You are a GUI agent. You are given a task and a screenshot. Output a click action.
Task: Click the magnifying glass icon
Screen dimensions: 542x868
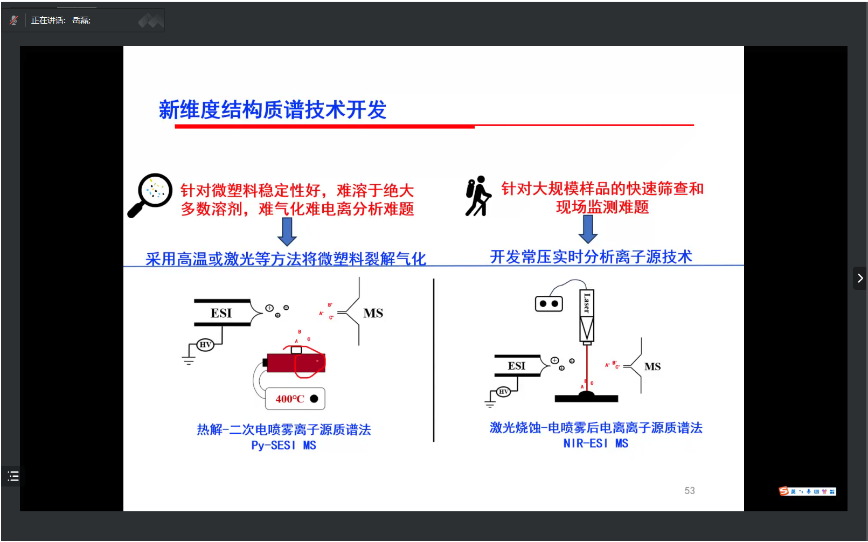coord(150,194)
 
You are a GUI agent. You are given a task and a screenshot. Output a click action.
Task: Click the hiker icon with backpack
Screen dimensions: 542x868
coord(478,197)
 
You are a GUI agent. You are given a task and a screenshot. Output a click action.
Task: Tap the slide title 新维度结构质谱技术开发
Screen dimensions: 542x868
coord(273,110)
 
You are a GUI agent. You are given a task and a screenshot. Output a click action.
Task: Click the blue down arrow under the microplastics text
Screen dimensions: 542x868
coord(287,232)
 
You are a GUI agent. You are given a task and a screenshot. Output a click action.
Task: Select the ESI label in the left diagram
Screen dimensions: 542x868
coord(221,313)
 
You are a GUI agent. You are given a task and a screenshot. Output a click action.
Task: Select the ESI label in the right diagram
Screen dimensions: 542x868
coord(516,366)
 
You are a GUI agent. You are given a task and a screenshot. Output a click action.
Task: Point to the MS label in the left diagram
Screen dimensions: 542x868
coord(373,313)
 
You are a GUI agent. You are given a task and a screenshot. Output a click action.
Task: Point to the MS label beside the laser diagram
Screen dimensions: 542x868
coord(652,367)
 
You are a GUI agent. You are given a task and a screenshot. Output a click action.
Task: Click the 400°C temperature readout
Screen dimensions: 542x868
coord(290,399)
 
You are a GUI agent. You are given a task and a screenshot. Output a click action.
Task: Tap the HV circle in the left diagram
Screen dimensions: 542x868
coord(205,344)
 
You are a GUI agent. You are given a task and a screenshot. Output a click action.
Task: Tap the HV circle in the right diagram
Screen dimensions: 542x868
coord(503,392)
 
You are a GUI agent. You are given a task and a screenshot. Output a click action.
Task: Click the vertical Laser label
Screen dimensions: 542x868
coord(587,303)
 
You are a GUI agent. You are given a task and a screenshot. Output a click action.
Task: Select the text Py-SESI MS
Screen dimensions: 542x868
coord(283,446)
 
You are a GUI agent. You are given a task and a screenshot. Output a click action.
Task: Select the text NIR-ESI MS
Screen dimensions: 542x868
coord(595,443)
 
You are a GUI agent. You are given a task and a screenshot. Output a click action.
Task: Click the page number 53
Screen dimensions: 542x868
coord(689,490)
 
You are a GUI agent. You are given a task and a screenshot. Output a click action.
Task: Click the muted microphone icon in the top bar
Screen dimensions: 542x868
coord(14,20)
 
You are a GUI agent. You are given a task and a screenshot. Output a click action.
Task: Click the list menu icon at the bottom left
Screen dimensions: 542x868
coord(13,476)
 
